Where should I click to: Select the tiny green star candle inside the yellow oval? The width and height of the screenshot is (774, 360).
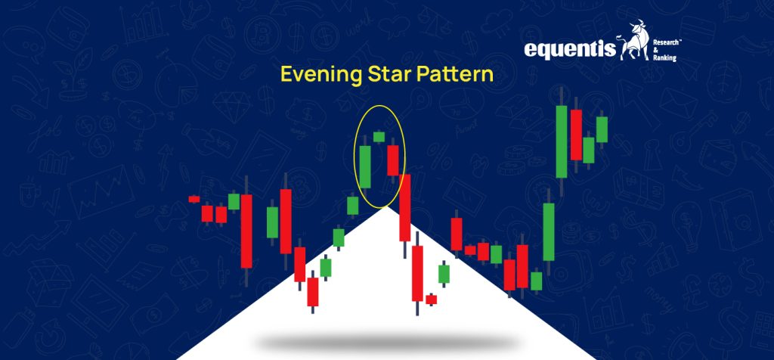click(379, 137)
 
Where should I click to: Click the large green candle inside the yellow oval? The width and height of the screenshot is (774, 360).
click(365, 166)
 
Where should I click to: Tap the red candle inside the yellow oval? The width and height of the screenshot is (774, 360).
click(392, 160)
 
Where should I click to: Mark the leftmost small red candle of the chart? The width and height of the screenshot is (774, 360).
click(194, 199)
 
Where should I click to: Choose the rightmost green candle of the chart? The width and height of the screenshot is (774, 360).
click(602, 129)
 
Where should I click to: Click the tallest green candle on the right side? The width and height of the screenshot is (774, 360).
click(562, 141)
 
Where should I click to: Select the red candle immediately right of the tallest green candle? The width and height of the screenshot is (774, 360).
click(577, 135)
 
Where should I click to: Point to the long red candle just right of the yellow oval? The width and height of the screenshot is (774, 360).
click(405, 207)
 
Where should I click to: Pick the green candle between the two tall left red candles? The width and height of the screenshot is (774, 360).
click(272, 222)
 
